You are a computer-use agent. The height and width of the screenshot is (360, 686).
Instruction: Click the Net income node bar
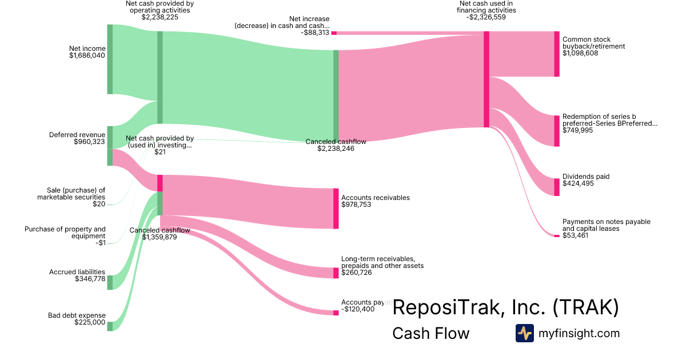[x=110, y=59]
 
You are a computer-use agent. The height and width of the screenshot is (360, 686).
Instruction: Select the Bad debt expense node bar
[x=110, y=326]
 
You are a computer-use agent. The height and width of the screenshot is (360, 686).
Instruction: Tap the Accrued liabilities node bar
[x=110, y=282]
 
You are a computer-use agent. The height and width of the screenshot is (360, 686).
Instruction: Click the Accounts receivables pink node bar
[x=336, y=209]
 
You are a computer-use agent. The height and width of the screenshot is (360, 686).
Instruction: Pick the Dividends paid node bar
[x=557, y=187]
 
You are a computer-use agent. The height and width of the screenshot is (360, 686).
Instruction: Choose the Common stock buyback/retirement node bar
[x=557, y=54]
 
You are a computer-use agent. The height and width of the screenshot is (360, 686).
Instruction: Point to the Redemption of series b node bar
[x=557, y=131]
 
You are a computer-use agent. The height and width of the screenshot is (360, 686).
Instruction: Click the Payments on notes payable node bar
[x=557, y=235]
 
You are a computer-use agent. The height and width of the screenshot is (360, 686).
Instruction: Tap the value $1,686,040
[x=87, y=56]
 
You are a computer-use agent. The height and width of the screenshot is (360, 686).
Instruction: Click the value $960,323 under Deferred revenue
[x=90, y=142]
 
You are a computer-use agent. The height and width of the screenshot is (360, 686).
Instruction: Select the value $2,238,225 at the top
[x=160, y=17]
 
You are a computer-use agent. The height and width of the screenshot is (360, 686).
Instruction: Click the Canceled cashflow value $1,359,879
[x=159, y=237]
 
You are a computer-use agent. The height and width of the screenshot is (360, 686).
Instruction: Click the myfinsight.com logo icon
[x=524, y=333]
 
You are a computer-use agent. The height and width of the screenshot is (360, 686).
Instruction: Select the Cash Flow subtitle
[x=430, y=333]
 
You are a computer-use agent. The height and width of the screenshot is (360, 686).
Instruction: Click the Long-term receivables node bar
[x=336, y=273]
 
